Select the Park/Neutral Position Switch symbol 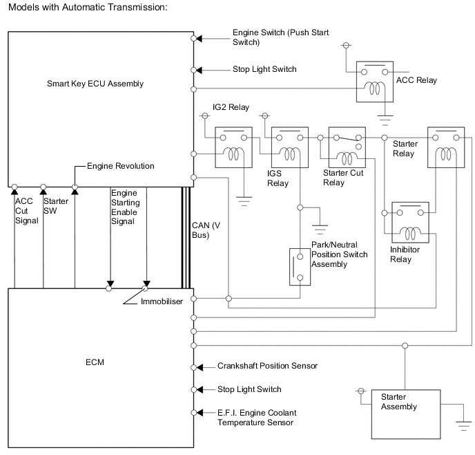click(300, 264)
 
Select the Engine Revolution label click(120, 167)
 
